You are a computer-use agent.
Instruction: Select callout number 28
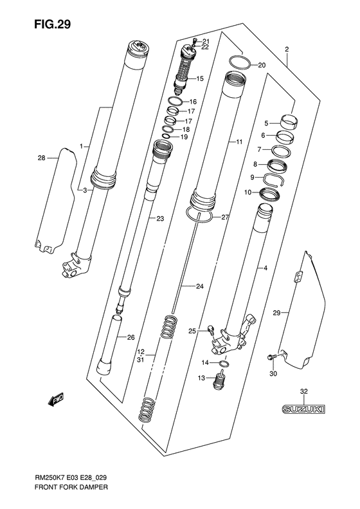[42, 158]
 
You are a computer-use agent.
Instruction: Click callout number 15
[199, 79]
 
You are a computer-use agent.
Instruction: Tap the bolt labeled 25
[210, 331]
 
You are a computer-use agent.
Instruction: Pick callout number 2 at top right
[286, 49]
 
